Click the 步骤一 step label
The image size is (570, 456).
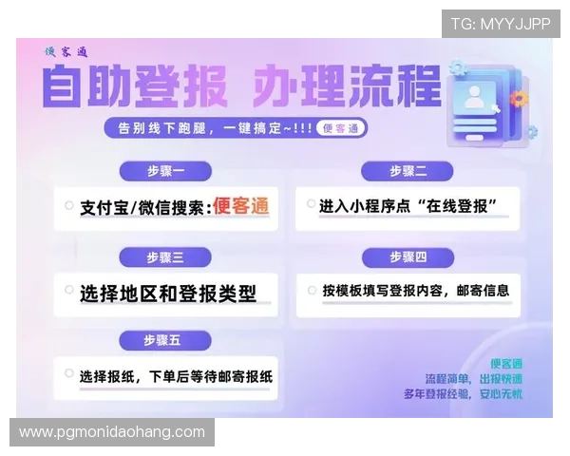point(165,171)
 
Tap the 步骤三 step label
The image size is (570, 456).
point(165,257)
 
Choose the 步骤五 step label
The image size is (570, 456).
point(165,340)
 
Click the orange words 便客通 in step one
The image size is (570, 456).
point(240,205)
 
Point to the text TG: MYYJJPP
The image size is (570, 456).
point(500,24)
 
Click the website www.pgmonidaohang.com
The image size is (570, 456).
point(112,432)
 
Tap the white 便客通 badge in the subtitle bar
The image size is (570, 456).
point(340,128)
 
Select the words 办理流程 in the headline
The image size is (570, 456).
point(348,88)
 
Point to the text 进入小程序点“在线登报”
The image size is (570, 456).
point(408,205)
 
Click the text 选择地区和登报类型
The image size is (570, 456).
point(168,293)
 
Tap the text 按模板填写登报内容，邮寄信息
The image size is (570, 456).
point(415,290)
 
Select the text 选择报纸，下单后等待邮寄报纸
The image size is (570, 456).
point(176,375)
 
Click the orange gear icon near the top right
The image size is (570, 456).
point(517,98)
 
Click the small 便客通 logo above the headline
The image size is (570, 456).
point(66,52)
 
